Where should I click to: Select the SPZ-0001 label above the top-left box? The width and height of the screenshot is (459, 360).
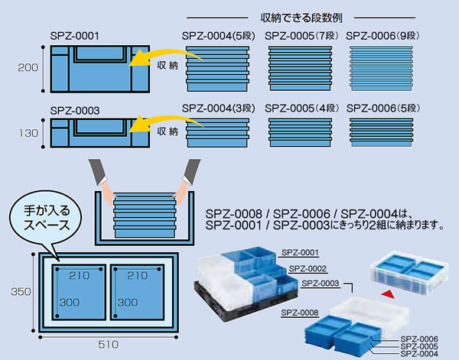[x=74, y=35]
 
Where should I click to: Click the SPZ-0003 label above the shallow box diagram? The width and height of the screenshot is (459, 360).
[x=74, y=110]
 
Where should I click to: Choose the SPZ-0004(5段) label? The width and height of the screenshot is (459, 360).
[x=220, y=35]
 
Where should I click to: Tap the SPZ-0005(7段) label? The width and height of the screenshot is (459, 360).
[x=301, y=35]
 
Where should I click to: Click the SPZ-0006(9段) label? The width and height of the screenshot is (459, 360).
[x=383, y=35]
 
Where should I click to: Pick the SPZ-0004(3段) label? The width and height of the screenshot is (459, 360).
[x=220, y=109]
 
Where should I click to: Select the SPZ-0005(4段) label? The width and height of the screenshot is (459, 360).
[x=301, y=109]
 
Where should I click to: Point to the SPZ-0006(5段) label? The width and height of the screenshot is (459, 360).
[x=383, y=109]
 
